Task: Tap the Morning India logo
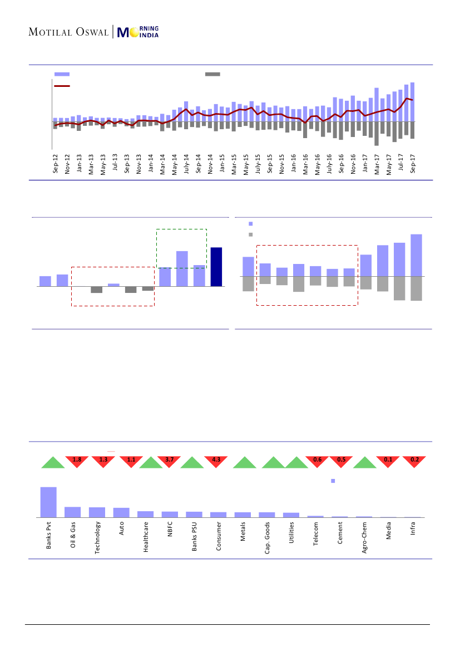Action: pos(139,32)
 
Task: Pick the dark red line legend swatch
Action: pos(62,86)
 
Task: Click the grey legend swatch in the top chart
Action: pos(212,74)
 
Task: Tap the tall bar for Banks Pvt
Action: pos(48,502)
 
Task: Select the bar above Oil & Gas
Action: pos(73,512)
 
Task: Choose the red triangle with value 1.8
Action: pos(77,461)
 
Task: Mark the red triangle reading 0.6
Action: pos(318,461)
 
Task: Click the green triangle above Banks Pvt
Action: pos(53,463)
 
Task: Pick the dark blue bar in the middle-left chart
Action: pos(216,267)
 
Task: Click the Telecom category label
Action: pos(316,533)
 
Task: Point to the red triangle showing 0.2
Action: pos(414,461)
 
